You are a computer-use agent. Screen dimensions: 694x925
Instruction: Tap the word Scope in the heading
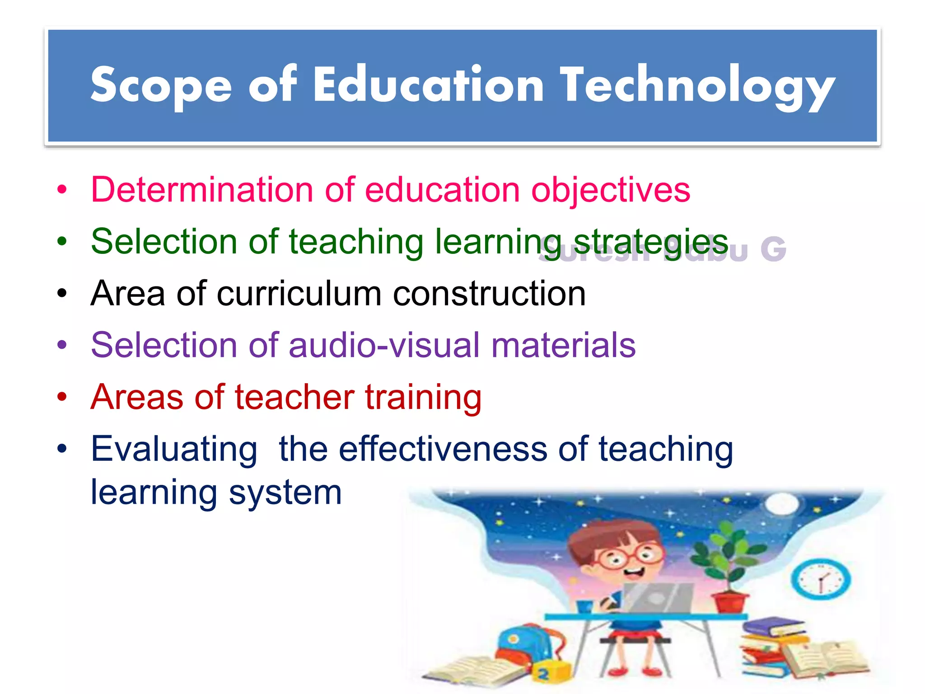click(161, 86)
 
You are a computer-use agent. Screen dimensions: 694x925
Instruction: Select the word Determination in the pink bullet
click(202, 190)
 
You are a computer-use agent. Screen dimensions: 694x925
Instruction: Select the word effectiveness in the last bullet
click(443, 449)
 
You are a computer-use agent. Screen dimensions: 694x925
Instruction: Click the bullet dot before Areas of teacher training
click(62, 397)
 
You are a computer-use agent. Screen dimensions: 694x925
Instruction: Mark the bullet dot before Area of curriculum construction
click(62, 294)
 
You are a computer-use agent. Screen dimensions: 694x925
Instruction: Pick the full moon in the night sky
click(783, 503)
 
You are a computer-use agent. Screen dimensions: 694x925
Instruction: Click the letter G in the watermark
click(773, 249)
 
